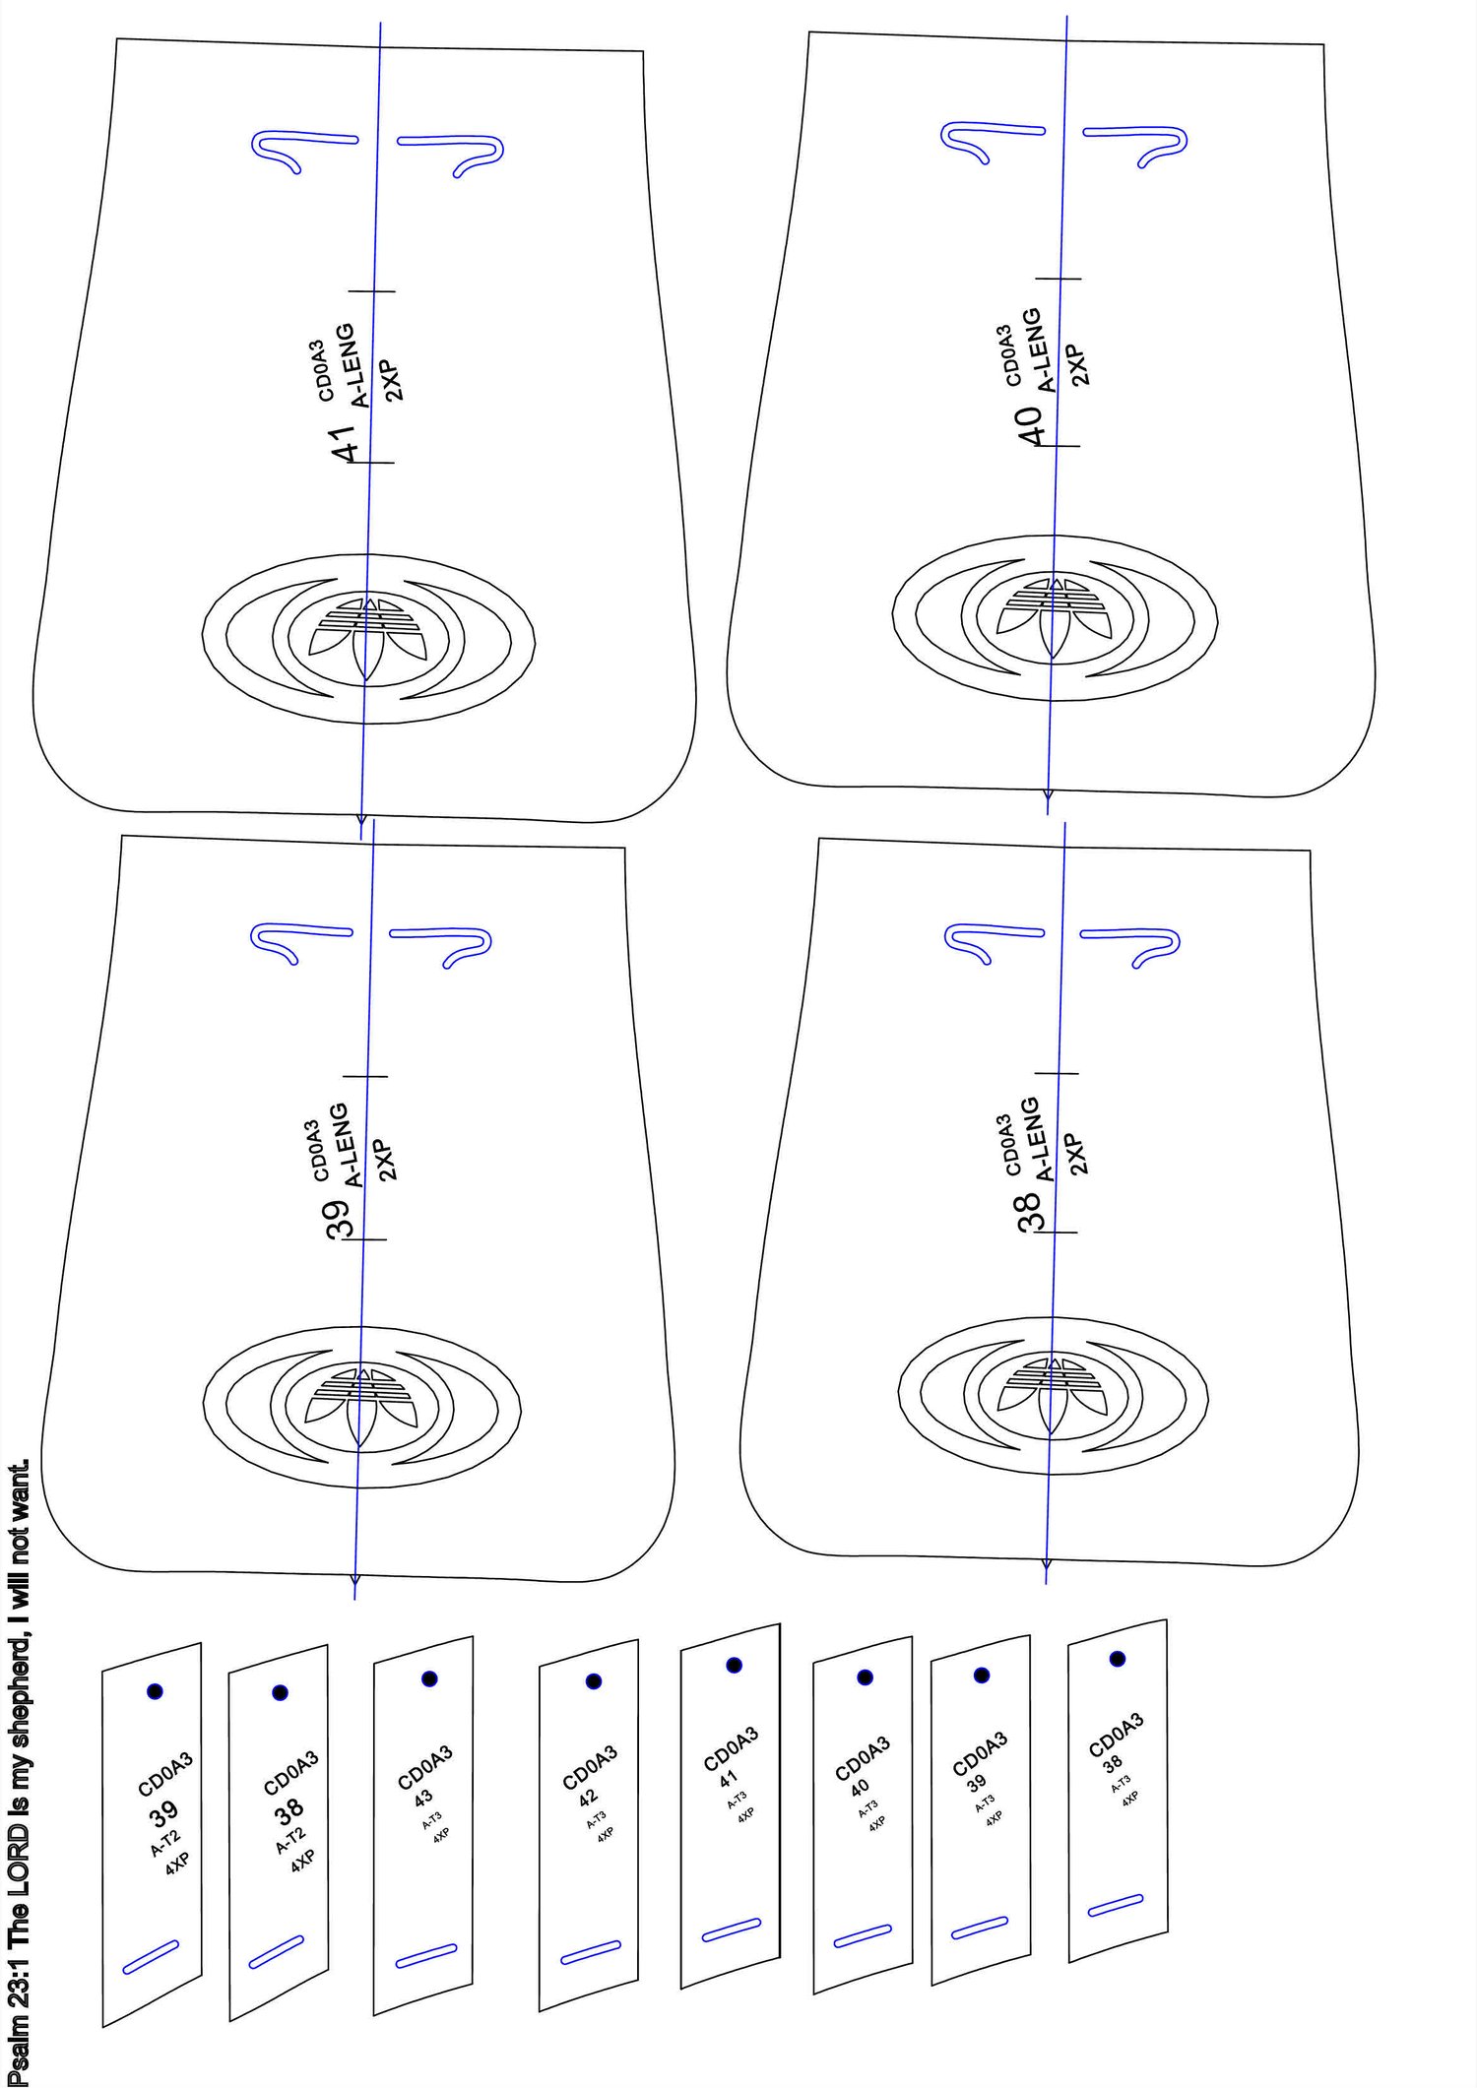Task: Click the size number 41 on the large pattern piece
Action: click(x=344, y=443)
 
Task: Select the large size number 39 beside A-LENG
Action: click(x=338, y=1219)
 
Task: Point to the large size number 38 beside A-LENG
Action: click(x=1029, y=1212)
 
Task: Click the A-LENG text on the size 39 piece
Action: click(x=338, y=1145)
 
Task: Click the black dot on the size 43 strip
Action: click(x=429, y=1678)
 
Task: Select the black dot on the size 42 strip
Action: click(x=593, y=1681)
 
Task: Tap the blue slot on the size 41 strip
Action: click(x=732, y=1930)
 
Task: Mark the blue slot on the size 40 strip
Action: click(x=863, y=1936)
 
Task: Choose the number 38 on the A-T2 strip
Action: click(x=289, y=1808)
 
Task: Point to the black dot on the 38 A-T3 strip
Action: click(x=1118, y=1659)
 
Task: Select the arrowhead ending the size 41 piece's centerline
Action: click(x=361, y=819)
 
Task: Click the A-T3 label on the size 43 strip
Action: click(x=431, y=1820)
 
